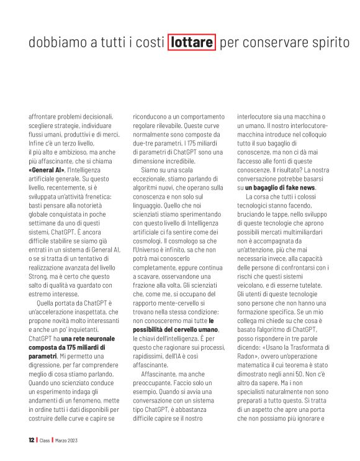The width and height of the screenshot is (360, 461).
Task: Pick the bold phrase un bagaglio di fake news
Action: point(280,187)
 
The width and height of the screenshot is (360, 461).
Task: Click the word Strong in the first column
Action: point(41,276)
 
